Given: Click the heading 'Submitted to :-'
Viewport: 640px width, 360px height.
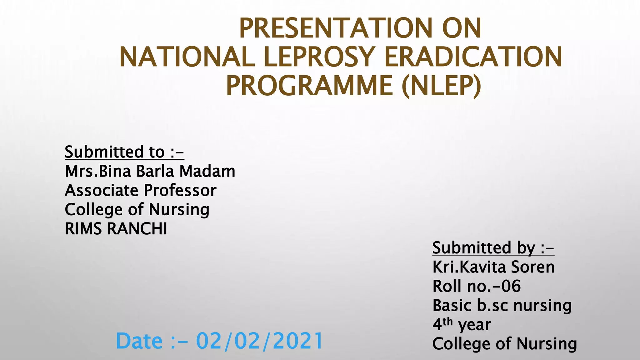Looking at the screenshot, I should [x=124, y=152].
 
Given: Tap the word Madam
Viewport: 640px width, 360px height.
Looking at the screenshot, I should [x=207, y=171].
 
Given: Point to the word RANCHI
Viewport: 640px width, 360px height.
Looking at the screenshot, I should [x=137, y=229].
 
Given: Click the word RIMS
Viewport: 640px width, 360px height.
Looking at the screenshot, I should [x=84, y=229].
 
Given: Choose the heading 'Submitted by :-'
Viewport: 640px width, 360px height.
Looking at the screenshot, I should [x=493, y=248].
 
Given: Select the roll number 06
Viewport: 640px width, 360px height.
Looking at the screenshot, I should [x=511, y=286].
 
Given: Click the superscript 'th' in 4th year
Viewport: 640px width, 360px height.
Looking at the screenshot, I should [x=447, y=321].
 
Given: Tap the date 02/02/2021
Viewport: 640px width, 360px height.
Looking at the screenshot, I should [x=259, y=341].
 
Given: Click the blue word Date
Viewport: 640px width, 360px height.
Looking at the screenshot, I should [x=139, y=341].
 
